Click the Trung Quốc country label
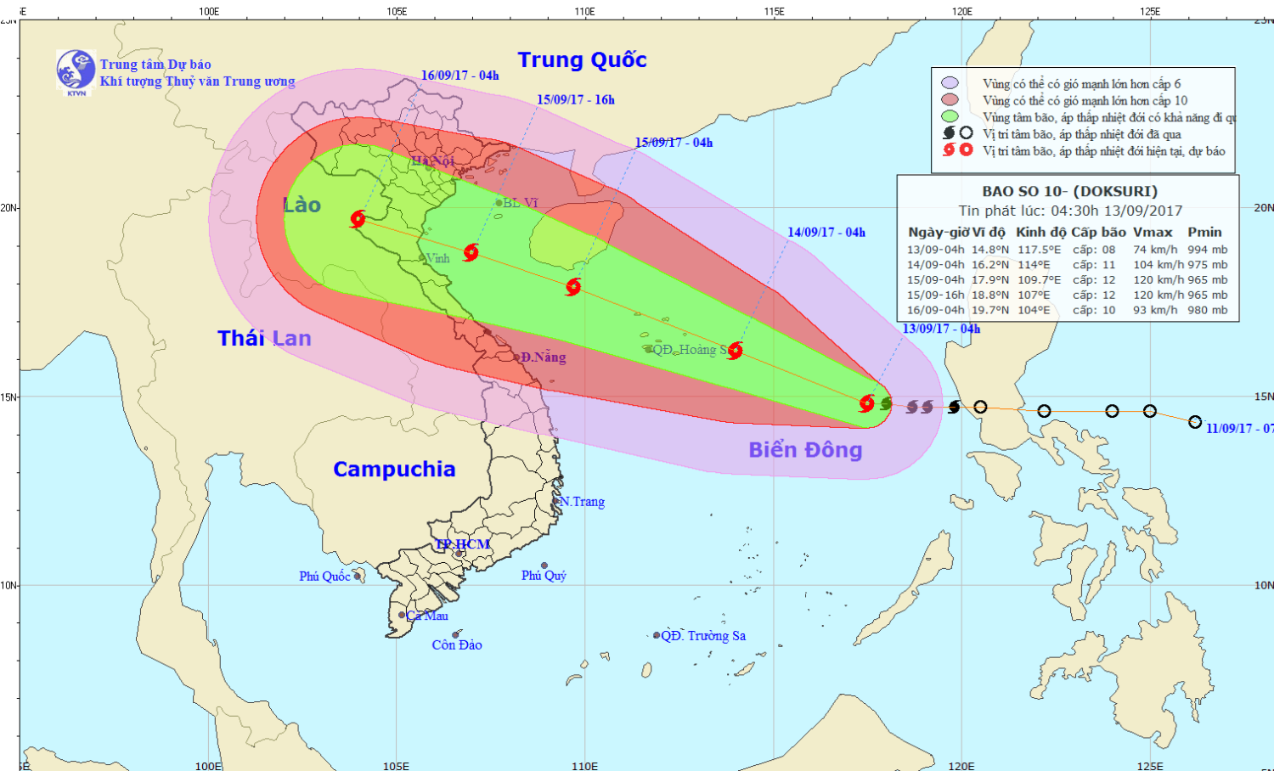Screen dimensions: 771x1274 (582, 60)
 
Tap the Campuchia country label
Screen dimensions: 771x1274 (394, 470)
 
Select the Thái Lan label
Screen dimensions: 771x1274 (264, 339)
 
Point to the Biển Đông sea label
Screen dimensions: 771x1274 (805, 450)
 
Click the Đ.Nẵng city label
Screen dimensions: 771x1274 (544, 357)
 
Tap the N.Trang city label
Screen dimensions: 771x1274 (583, 502)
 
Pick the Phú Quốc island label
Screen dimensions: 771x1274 (324, 577)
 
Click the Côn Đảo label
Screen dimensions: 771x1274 (457, 645)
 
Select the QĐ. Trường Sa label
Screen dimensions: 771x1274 (703, 636)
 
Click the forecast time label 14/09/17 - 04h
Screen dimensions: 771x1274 (826, 233)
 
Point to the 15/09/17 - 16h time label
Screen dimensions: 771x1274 (575, 100)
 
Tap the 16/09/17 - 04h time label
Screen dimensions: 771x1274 (459, 76)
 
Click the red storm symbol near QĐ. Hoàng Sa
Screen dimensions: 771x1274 (735, 351)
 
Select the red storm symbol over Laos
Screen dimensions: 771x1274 (358, 219)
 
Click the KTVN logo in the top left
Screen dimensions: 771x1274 (76, 70)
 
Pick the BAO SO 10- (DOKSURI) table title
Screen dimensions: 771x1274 (1069, 192)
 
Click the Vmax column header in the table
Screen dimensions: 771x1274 (1153, 232)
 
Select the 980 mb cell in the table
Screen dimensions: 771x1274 (1208, 310)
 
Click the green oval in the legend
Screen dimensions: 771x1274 (950, 117)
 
